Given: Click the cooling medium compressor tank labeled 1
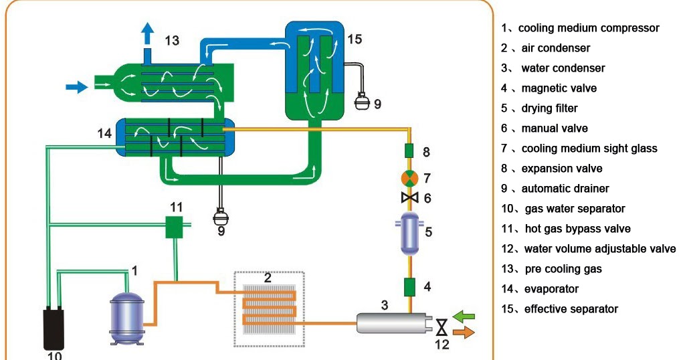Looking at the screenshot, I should pos(127,320).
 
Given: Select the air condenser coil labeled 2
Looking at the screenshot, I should pos(268,308).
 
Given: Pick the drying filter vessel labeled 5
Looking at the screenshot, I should pos(410,232).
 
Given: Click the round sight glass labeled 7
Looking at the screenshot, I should pos(409,178).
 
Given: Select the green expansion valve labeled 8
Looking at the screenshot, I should pos(410,151).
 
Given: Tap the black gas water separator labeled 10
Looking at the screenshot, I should pos(54,327).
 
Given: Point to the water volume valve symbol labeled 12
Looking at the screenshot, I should pos(442,328).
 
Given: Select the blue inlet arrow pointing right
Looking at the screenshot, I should pos(77,86).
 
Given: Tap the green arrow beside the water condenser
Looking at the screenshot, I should pos(464,314).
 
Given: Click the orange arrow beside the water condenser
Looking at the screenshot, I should pos(464,331).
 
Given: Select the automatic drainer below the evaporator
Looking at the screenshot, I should pos(220,216).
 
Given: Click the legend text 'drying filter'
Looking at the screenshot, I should pos(549,108).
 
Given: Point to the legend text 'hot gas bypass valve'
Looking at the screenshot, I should pos(577,229).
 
